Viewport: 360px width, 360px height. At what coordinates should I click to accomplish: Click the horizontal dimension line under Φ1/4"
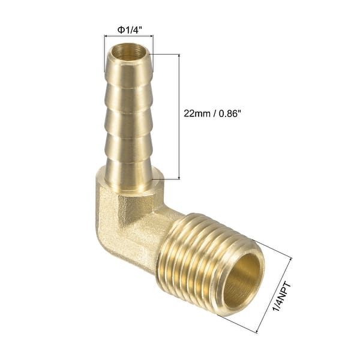click(128, 37)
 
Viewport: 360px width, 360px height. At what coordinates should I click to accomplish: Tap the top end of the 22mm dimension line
click(179, 54)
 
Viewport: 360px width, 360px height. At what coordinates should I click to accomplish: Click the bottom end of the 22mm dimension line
click(179, 178)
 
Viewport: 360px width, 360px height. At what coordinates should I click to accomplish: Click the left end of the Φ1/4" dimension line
click(104, 37)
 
